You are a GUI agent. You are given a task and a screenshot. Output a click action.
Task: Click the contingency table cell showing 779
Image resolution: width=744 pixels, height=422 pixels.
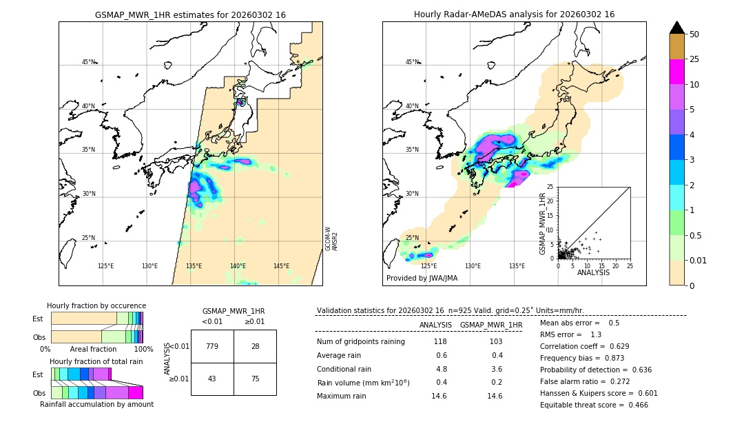pos(212,346)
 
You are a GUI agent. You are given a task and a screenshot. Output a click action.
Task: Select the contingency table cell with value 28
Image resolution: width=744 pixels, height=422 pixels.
pos(255,346)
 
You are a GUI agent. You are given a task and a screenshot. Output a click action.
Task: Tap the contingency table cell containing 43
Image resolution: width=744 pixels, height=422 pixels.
pos(212,379)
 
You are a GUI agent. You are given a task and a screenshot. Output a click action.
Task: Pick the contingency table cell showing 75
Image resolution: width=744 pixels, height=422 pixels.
pos(255,379)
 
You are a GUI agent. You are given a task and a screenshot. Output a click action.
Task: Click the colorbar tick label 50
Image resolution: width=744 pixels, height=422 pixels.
pos(694,34)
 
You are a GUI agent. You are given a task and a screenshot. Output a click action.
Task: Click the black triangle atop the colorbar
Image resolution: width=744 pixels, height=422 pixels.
pos(677,28)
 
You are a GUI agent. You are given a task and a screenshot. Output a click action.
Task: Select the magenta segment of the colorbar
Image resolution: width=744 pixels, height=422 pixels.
pos(677,72)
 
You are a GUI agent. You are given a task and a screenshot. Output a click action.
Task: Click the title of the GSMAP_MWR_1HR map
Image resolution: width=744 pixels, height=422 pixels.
pos(190,14)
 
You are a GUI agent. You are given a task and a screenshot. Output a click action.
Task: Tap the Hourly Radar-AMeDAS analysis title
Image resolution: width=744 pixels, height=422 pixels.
pos(514,14)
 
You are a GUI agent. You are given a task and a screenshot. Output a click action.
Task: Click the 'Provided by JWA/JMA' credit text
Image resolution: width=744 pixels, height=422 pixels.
pos(422,278)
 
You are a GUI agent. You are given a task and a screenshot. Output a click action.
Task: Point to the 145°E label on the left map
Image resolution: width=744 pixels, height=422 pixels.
pos(281,266)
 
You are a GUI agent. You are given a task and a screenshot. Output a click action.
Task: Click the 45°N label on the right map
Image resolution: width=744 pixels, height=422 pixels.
pos(412,62)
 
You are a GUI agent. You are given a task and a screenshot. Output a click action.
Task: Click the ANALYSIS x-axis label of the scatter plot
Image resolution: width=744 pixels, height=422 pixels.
pos(593,272)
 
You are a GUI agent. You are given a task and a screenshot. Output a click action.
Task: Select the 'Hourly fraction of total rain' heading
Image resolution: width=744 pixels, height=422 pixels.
pos(96,361)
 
